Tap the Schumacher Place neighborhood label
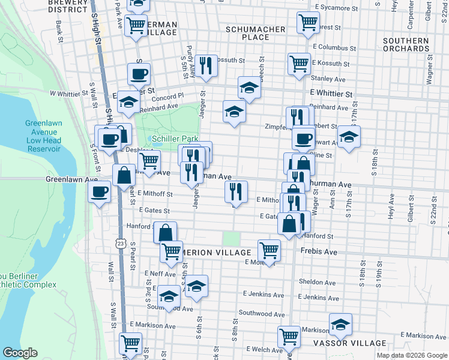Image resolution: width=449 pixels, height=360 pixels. pos(256,33)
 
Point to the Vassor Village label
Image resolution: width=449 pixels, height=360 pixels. pos(350,343)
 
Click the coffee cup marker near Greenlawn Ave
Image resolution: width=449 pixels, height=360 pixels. pos(100,192)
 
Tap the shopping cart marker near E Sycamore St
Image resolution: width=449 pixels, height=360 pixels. pos(308,23)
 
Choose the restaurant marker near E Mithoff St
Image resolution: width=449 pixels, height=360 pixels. pos(236,191)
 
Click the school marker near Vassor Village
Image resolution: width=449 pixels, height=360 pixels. pos(340,325)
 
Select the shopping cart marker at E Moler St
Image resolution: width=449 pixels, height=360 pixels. pos(270,250)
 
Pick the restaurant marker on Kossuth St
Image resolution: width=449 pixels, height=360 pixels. pos(206,65)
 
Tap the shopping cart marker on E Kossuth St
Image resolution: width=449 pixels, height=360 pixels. pos(299,64)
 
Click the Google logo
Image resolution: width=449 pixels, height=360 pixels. pos(20,353)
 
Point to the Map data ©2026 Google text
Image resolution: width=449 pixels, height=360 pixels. pos(412,355)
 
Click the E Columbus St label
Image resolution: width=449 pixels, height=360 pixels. pos(334,47)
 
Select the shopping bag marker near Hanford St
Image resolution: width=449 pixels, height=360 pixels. pos(165,232)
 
